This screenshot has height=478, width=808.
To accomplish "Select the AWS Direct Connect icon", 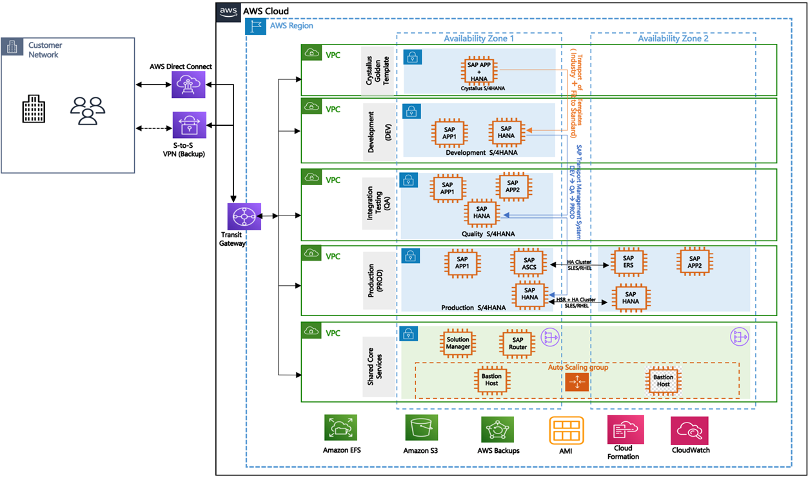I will [188, 84].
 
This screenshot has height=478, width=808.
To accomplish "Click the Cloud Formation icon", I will [623, 430].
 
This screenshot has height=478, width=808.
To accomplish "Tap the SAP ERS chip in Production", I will [628, 263].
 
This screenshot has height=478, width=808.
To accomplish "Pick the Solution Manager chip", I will [458, 343].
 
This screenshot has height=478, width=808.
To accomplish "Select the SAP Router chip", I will [518, 343].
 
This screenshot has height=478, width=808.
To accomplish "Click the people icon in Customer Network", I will [88, 110].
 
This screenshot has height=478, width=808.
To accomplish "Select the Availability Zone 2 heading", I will [673, 39].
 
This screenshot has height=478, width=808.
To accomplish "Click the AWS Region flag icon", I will [256, 26].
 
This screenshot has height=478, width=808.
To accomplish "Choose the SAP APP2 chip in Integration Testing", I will [513, 187].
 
